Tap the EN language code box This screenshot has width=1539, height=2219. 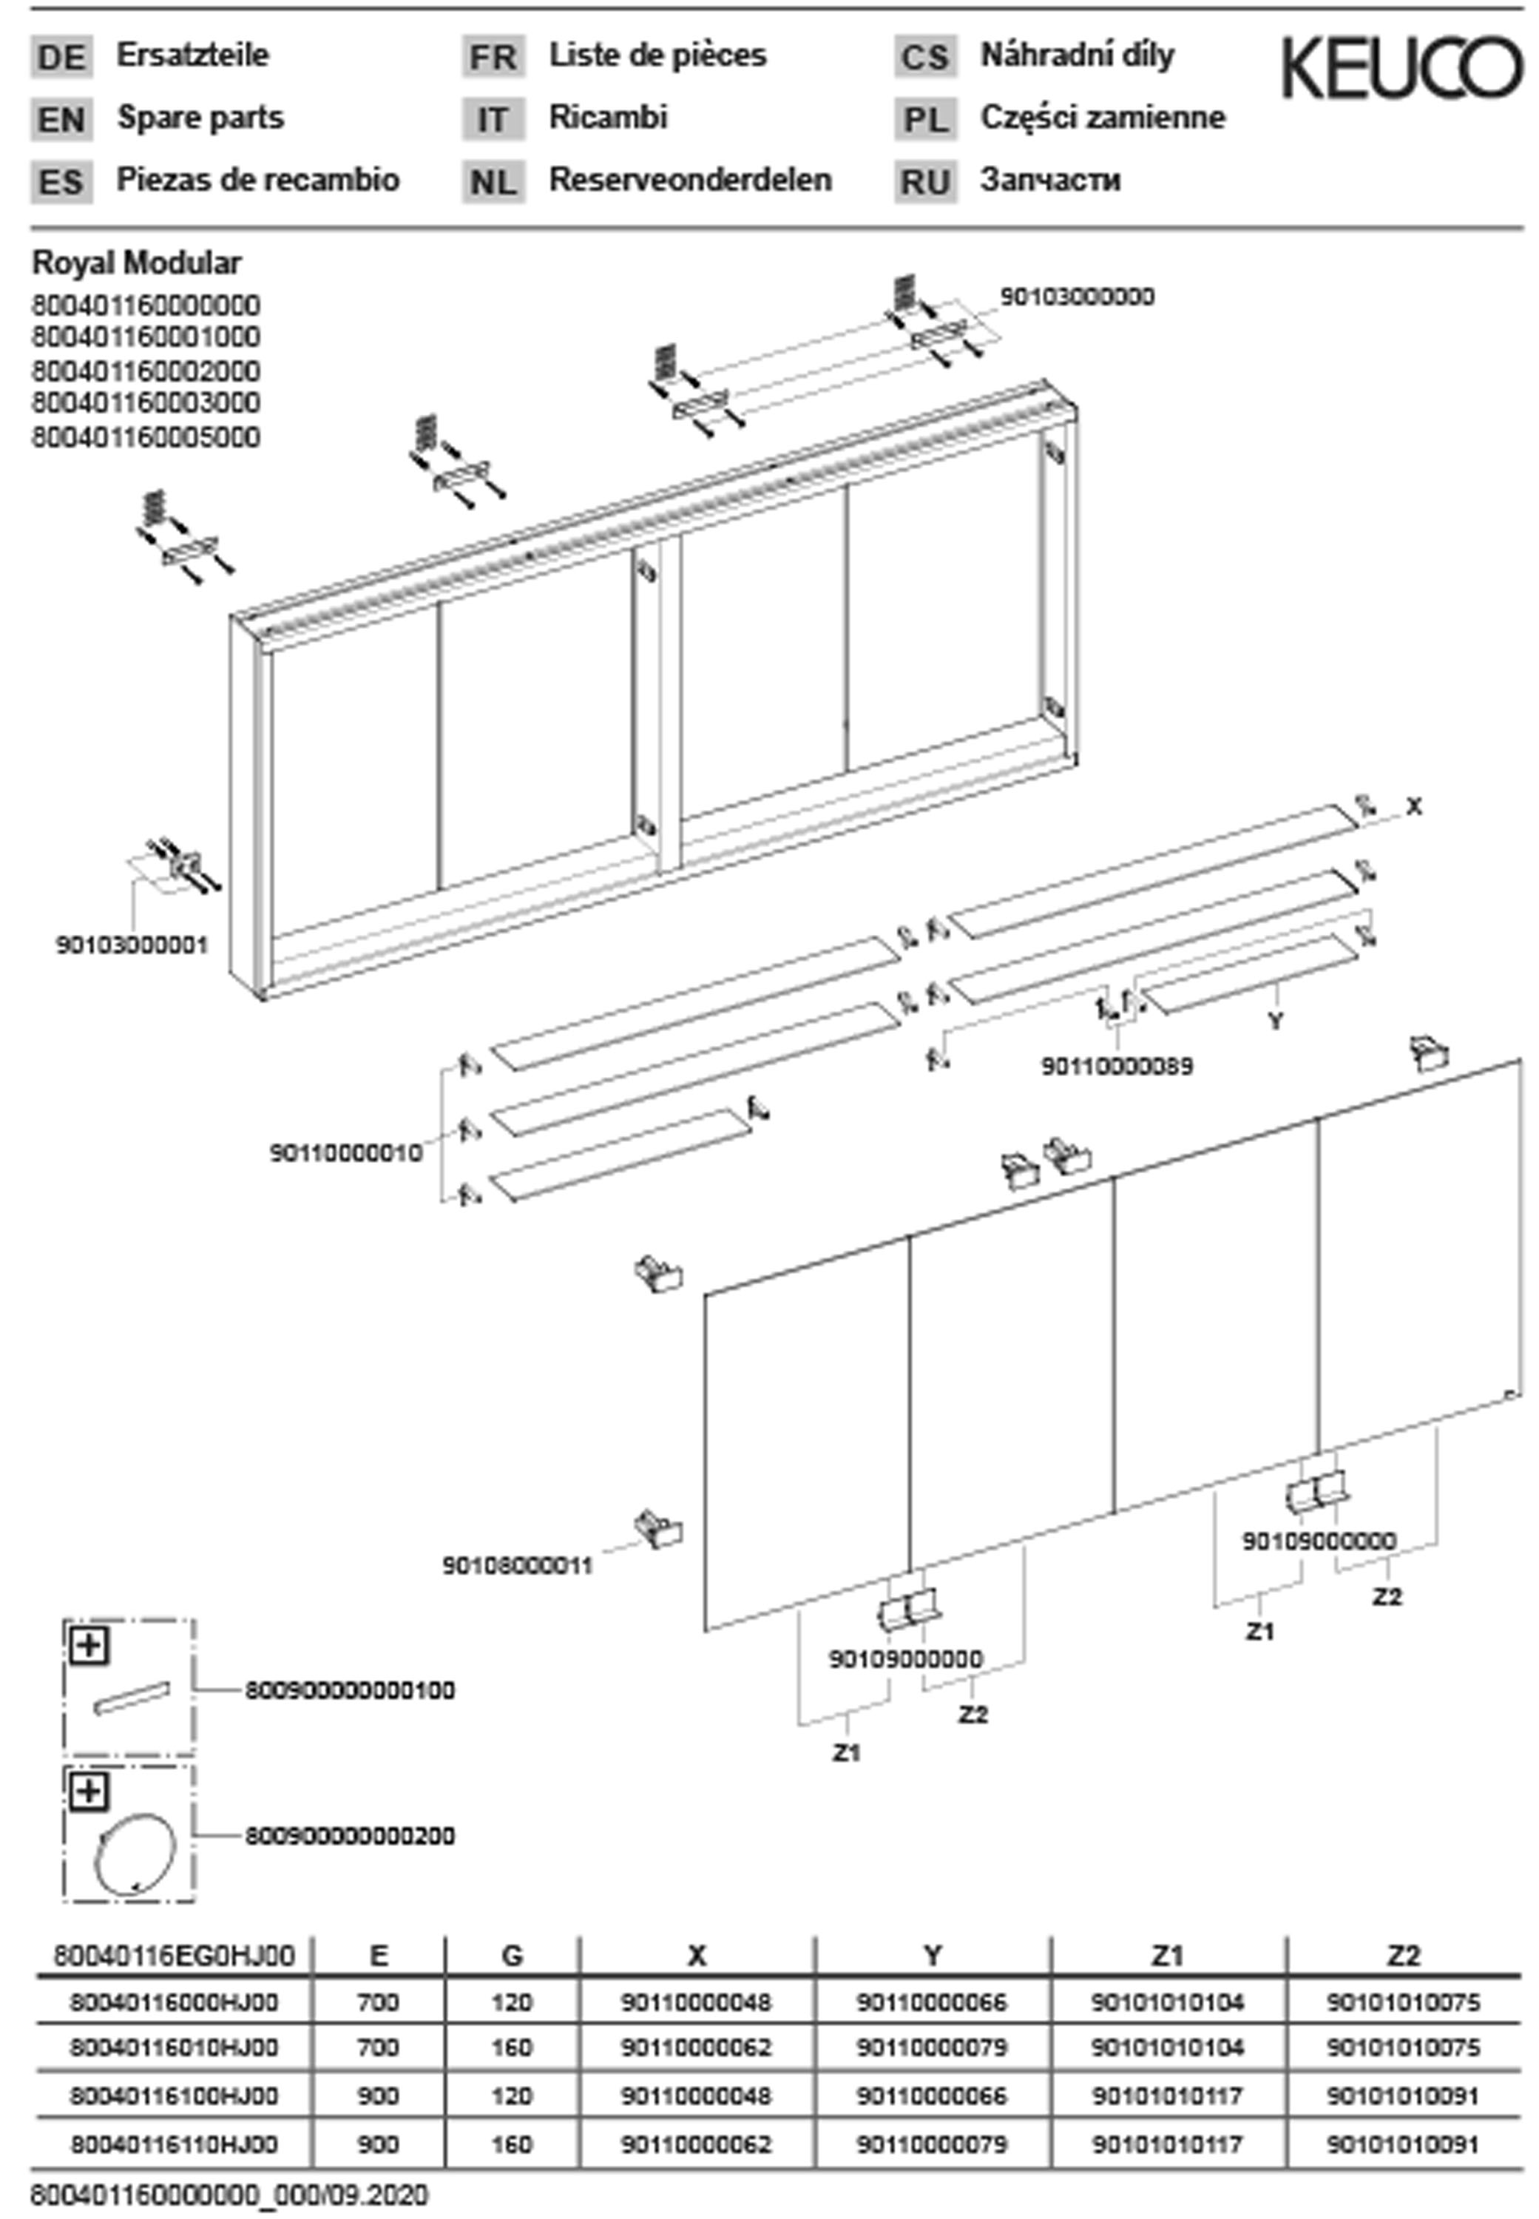coord(61,120)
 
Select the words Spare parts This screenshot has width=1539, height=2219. coord(200,118)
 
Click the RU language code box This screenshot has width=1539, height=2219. coord(924,181)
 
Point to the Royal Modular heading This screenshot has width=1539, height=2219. coord(137,263)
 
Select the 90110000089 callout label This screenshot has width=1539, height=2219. coord(1117,1066)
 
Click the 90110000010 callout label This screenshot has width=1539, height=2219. coord(345,1152)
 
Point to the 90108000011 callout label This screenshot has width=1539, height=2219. coord(517,1565)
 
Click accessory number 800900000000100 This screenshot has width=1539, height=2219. coord(349,1691)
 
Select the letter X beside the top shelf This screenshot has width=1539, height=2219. coord(1413,806)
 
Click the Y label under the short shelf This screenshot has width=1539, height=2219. coord(1275,1019)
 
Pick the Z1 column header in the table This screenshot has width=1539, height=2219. coord(1167,1955)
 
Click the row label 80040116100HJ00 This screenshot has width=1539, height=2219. coord(174,2095)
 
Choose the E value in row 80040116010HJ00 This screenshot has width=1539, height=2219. coord(378,2047)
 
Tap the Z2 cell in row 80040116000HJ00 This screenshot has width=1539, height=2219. coord(1403,2002)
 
